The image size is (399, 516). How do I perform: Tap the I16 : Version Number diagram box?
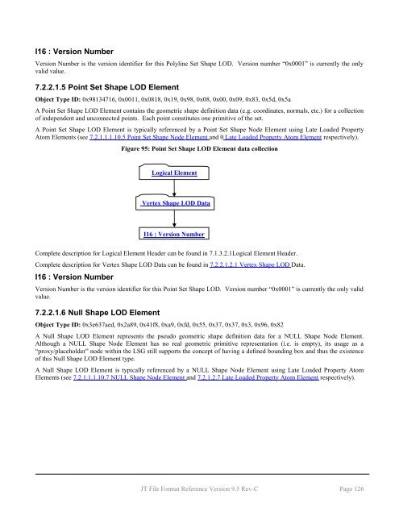click(174, 235)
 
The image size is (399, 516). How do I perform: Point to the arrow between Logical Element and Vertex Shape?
click(174, 188)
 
